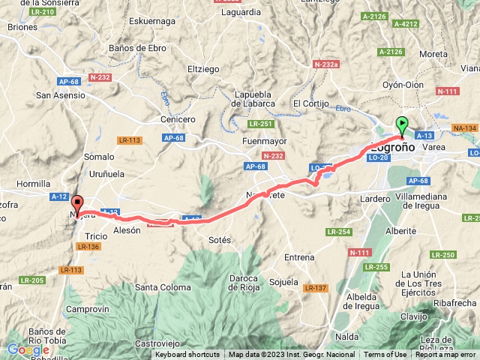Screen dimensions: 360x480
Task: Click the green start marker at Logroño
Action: pos(402,125)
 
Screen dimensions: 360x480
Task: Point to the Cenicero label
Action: pos(178,119)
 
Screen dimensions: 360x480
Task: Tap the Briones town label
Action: pos(23,26)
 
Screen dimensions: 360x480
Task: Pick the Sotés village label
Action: pos(220,240)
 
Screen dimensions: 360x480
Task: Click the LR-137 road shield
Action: pos(316,288)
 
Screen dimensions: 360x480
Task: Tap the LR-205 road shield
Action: pos(33,280)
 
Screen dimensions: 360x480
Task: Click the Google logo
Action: pos(28,349)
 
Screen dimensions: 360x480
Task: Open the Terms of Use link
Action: pos(385,355)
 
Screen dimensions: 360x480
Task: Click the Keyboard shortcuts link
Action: pos(187,355)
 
